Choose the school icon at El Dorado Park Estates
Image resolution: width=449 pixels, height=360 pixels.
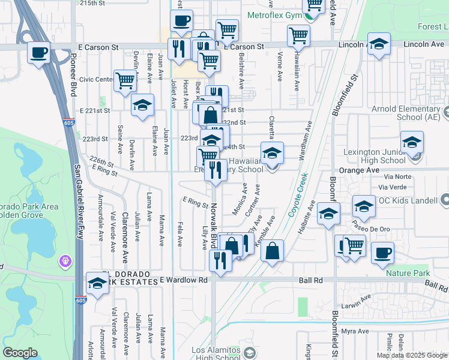coord(97,283)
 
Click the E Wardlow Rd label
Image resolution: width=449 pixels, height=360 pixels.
coord(183,280)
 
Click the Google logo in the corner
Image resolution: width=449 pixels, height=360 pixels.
coord(20,353)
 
